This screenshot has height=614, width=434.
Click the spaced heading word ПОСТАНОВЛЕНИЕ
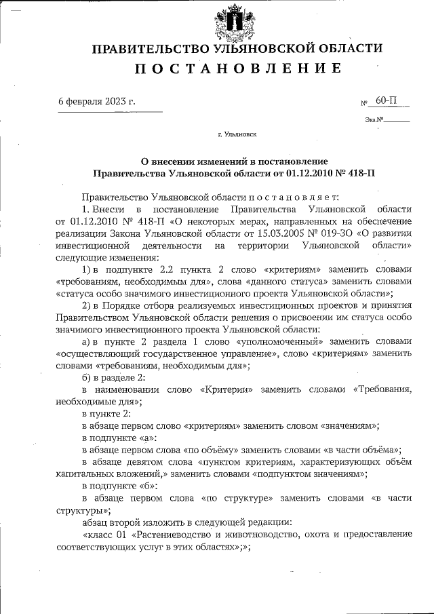click(x=237, y=69)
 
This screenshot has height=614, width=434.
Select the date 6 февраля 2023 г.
click(x=96, y=101)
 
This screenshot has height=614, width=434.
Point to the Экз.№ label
click(x=374, y=120)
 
